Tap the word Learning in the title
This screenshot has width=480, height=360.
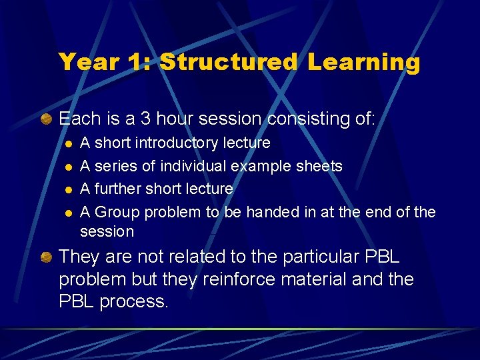pos(364,62)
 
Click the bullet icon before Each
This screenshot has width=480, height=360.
pos(46,119)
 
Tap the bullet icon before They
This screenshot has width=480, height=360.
pos(46,257)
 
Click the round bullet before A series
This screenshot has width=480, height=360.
pos(67,167)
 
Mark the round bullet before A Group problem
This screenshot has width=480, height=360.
pos(67,213)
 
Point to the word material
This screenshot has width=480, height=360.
pos(323,279)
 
